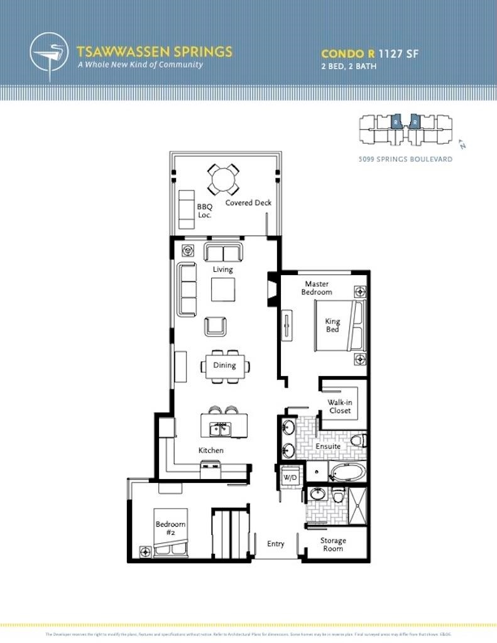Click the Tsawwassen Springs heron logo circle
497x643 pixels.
50,55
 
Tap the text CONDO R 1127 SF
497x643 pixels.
369,53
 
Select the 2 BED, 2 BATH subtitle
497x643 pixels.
349,66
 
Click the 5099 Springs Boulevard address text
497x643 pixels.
405,159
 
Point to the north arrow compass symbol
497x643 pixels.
462,144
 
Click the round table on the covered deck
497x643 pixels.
223,180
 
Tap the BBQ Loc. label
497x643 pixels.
204,210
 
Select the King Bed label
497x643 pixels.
332,325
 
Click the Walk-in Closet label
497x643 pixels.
339,406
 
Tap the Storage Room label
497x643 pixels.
333,544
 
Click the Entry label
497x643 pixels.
276,544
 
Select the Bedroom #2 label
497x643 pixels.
170,529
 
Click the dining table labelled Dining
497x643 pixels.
225,365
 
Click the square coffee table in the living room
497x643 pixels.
223,289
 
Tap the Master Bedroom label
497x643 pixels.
317,288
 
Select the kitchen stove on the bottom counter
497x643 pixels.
210,466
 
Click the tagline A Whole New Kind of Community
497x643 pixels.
139,65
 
